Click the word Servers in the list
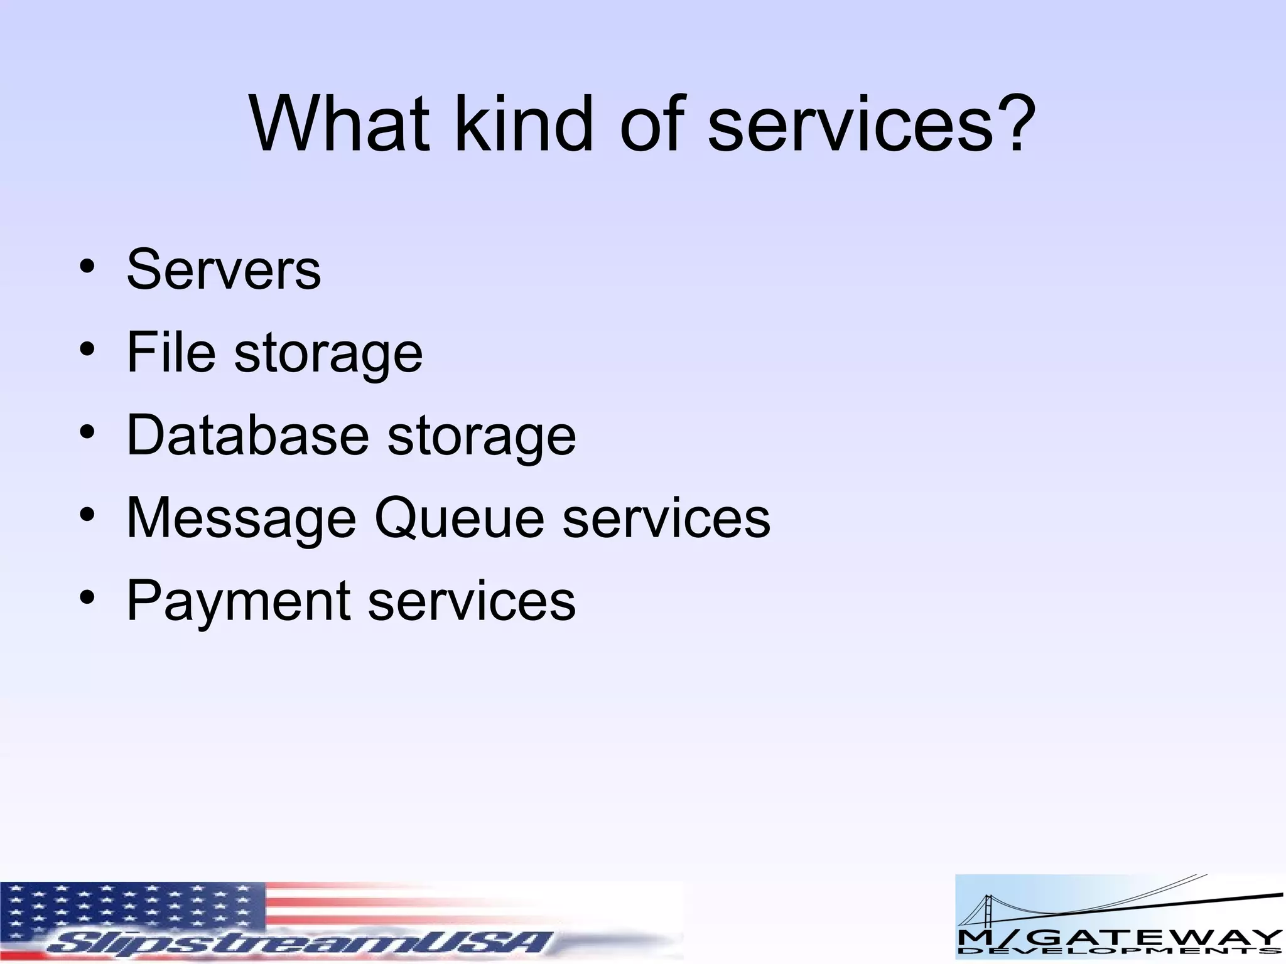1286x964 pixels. (224, 269)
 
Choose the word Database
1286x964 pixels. (247, 435)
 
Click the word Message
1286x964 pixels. (241, 518)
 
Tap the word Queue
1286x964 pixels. (459, 518)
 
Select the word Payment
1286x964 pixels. (238, 601)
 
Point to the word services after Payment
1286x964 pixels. (472, 601)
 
